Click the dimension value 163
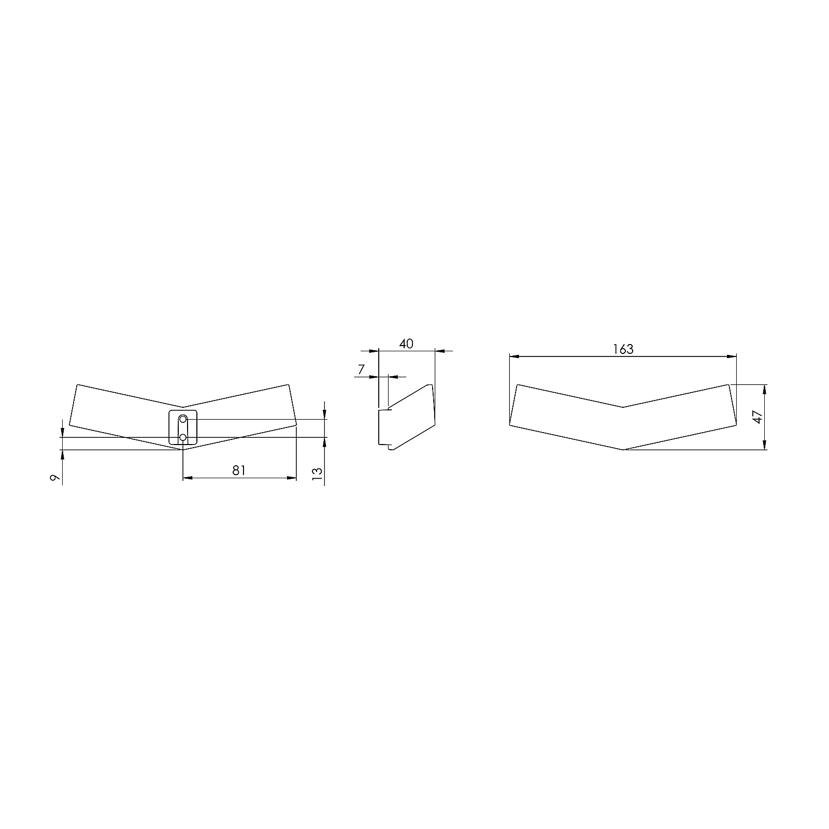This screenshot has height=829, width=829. point(623,349)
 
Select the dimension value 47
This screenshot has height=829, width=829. point(758,417)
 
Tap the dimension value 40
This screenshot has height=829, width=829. point(407,344)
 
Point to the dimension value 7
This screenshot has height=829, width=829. point(361,369)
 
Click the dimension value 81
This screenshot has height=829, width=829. point(239,470)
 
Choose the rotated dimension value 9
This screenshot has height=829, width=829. point(54,478)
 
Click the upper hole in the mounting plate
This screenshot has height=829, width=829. point(183,418)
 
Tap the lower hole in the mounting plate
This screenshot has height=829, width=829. point(183,438)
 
